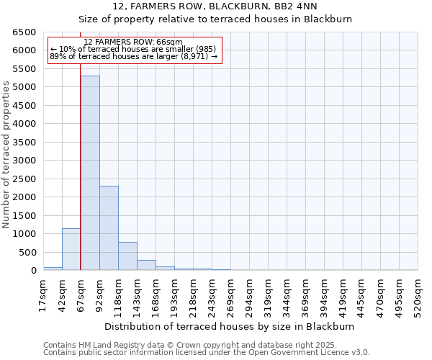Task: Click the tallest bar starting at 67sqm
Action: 90,173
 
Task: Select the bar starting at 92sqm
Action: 109,228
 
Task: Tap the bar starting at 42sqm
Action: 71,249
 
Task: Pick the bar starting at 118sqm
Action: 127,256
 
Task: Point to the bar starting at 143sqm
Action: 146,265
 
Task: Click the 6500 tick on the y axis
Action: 24,32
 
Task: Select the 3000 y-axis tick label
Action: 24,161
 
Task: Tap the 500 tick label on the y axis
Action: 27,252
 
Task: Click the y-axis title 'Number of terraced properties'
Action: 6,154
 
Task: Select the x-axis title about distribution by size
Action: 230,326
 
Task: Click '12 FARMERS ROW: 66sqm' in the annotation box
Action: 133,42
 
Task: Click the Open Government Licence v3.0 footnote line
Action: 207,353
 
